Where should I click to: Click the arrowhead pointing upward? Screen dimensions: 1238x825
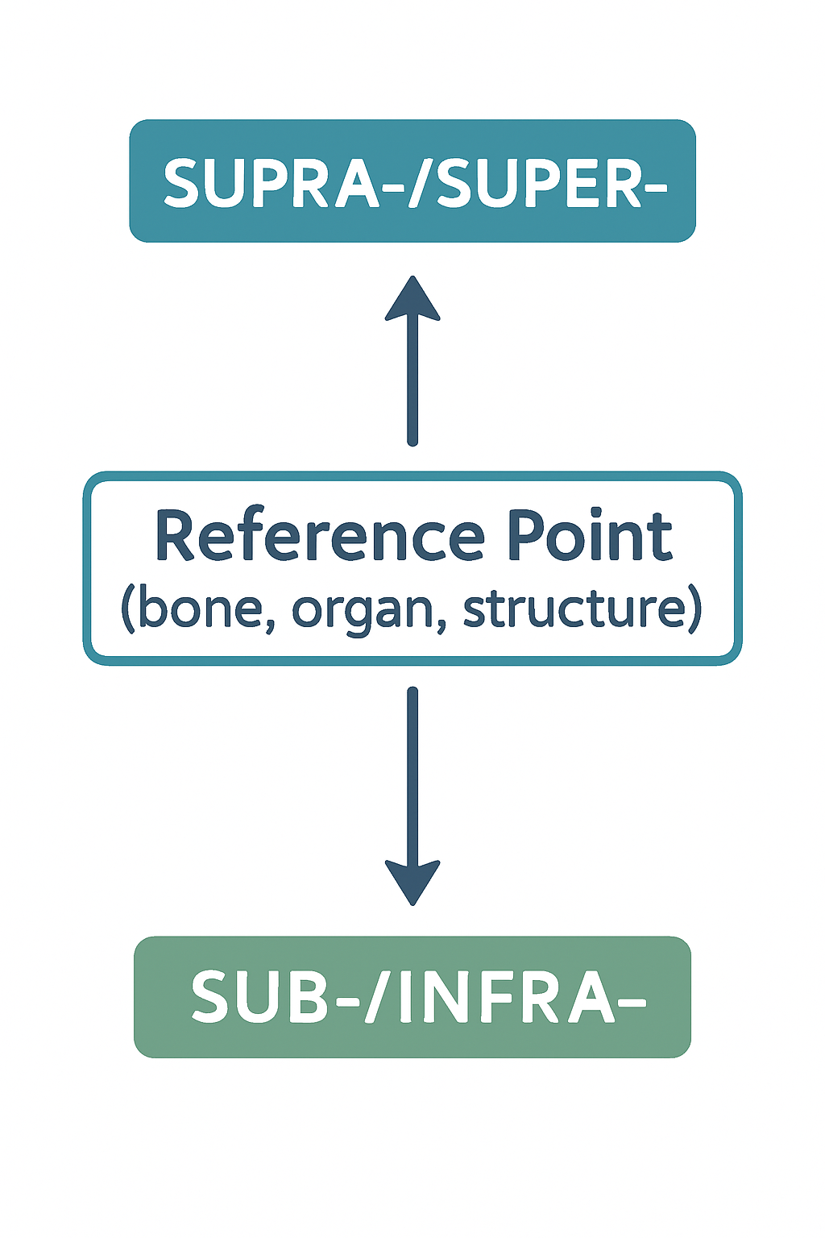412,300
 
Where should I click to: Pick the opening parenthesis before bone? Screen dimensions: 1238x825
127,609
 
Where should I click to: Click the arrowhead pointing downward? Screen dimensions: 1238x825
412,882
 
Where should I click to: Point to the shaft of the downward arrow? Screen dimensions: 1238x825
412,774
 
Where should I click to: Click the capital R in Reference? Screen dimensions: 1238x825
175,537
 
